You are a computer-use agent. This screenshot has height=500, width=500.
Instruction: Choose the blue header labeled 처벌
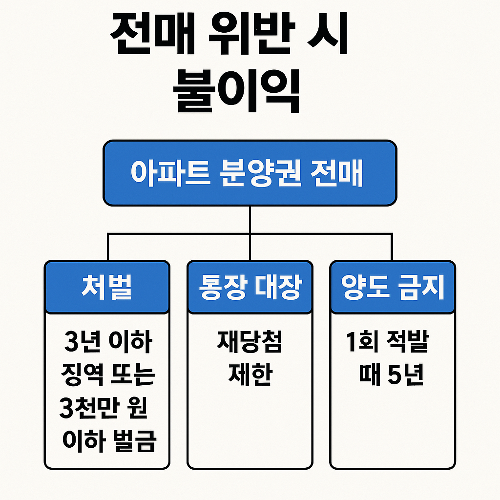[107, 287]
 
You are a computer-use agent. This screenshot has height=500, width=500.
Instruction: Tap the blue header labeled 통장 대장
[250, 287]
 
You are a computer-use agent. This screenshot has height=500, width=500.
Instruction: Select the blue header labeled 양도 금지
[393, 287]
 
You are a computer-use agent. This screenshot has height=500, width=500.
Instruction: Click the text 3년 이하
[108, 343]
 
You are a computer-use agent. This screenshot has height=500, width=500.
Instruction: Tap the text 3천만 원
[104, 408]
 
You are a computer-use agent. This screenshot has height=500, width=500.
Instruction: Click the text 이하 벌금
[109, 441]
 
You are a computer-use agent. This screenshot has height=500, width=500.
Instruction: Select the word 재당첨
[250, 343]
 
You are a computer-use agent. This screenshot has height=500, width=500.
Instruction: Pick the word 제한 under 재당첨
[250, 376]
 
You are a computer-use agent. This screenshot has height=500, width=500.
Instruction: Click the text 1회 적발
[387, 343]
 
